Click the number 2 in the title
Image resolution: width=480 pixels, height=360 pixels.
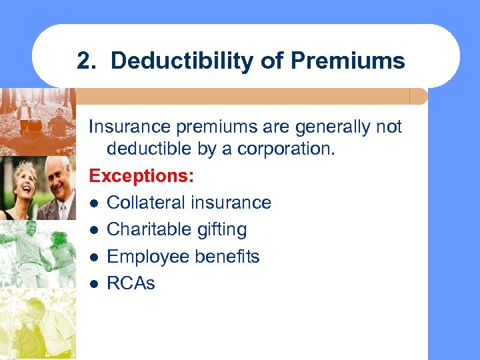pos(83,61)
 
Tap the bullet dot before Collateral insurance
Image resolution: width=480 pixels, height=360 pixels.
pos(95,203)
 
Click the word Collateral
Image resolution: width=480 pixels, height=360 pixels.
pos(146,203)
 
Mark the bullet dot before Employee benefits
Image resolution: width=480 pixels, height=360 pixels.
pos(95,257)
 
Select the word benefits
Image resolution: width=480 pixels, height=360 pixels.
pos(229,257)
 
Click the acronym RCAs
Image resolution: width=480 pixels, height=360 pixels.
pos(131,283)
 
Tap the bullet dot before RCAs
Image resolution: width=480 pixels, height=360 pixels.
pos(95,284)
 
